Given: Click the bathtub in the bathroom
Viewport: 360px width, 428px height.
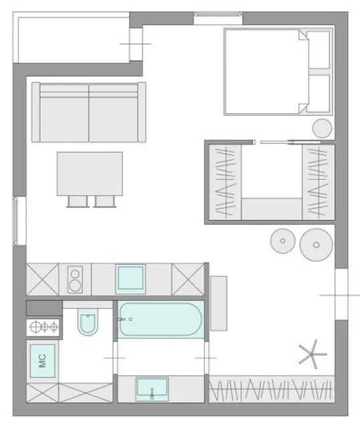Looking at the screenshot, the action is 161,319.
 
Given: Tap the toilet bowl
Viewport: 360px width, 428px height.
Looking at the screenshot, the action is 88,322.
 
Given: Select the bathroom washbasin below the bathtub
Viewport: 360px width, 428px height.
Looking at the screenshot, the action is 152,389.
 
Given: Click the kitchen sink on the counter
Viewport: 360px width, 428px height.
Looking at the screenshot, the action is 130,279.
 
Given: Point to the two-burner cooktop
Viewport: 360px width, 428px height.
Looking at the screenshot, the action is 75,280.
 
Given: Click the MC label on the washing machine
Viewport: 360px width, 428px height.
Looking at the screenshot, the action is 42,361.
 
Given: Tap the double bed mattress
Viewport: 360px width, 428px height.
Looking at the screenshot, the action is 266,72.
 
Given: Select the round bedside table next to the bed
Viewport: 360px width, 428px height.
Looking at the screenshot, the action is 323,128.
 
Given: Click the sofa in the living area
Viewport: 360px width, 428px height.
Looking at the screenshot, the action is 89,112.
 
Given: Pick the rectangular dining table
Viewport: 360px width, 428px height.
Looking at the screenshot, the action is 90,174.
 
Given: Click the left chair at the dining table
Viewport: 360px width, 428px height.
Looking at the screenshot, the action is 78,201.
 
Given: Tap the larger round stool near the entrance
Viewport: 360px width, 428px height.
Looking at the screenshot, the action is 317,245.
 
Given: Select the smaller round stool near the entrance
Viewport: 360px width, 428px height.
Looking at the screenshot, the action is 282,241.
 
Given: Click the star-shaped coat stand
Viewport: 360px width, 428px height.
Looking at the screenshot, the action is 312,354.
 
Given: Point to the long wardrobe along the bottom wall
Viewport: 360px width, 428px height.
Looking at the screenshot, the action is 272,389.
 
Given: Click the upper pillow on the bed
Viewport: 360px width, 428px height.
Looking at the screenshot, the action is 319,49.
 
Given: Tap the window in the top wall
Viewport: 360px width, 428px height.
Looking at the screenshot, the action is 218,14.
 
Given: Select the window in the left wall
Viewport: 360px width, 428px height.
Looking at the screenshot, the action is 16,221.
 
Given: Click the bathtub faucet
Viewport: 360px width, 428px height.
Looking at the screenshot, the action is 121,319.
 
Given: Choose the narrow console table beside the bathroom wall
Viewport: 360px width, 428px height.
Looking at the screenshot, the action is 219,303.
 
